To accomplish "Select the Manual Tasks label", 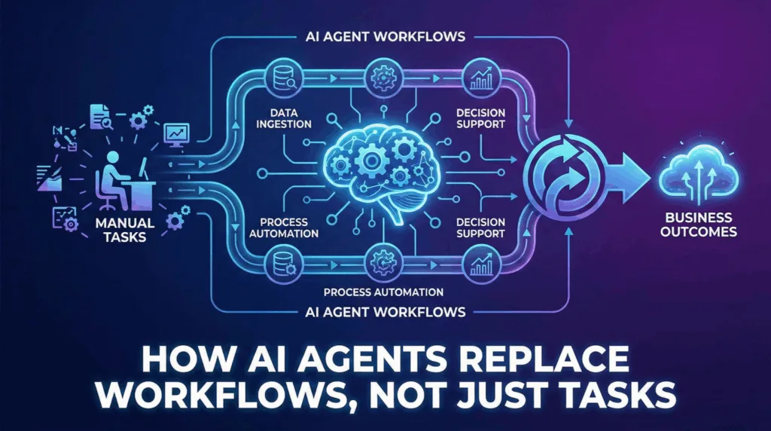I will pyautogui.click(x=125, y=230).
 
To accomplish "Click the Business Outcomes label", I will pyautogui.click(x=696, y=225).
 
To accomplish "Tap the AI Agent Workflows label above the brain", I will pyautogui.click(x=385, y=36).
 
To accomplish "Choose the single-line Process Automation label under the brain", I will pyautogui.click(x=382, y=292).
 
